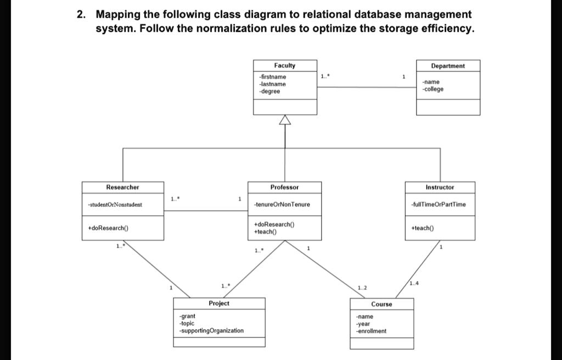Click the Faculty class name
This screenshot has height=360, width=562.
(x=285, y=65)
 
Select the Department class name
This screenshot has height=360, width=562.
(x=448, y=66)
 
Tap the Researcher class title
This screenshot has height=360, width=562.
(x=122, y=187)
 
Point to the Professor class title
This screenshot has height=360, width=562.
(x=284, y=187)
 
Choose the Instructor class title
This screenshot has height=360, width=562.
(x=440, y=187)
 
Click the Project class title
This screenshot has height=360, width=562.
(x=219, y=303)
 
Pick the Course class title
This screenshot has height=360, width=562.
(x=381, y=304)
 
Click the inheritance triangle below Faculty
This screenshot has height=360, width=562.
(x=285, y=120)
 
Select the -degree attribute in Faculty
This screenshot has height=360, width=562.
(x=270, y=92)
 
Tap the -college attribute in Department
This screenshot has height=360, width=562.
(x=433, y=89)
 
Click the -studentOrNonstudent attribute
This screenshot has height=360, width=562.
(x=115, y=205)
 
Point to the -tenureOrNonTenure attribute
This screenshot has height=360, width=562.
(x=282, y=205)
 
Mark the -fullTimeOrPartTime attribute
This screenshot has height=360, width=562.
(x=439, y=205)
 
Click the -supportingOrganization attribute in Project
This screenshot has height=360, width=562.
(x=211, y=330)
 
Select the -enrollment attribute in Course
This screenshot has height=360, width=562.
(x=371, y=331)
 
